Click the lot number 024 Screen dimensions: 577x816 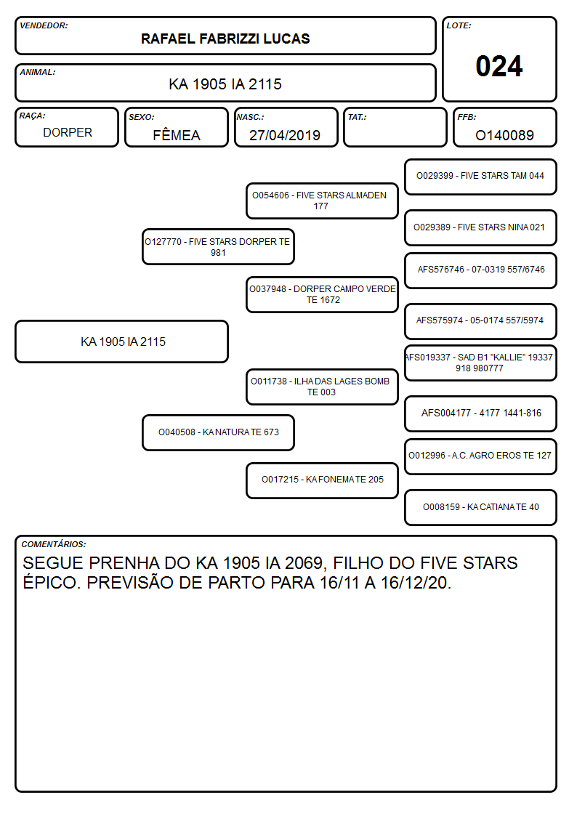[499, 66]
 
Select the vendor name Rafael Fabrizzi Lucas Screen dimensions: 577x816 [225, 39]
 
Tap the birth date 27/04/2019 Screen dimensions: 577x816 [285, 135]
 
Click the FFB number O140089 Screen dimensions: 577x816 [504, 135]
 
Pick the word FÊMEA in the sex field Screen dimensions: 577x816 [177, 134]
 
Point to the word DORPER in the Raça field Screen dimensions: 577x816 [68, 133]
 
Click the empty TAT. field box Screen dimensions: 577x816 [395, 127]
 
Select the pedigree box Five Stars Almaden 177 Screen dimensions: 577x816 [322, 201]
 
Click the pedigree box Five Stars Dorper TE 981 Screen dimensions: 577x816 [218, 247]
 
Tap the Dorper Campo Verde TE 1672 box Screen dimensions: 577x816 [322, 294]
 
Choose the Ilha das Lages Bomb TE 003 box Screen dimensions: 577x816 [322, 387]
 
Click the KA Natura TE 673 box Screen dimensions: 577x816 [218, 432]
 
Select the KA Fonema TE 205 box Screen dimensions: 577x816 [322, 480]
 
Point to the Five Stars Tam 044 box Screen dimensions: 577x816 [480, 177]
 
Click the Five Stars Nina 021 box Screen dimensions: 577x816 [480, 227]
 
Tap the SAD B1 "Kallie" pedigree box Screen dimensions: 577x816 [480, 363]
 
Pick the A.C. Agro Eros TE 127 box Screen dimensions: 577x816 [480, 456]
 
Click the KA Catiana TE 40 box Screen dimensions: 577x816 [480, 507]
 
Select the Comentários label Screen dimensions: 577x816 [54, 544]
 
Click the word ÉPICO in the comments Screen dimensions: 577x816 [52, 582]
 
